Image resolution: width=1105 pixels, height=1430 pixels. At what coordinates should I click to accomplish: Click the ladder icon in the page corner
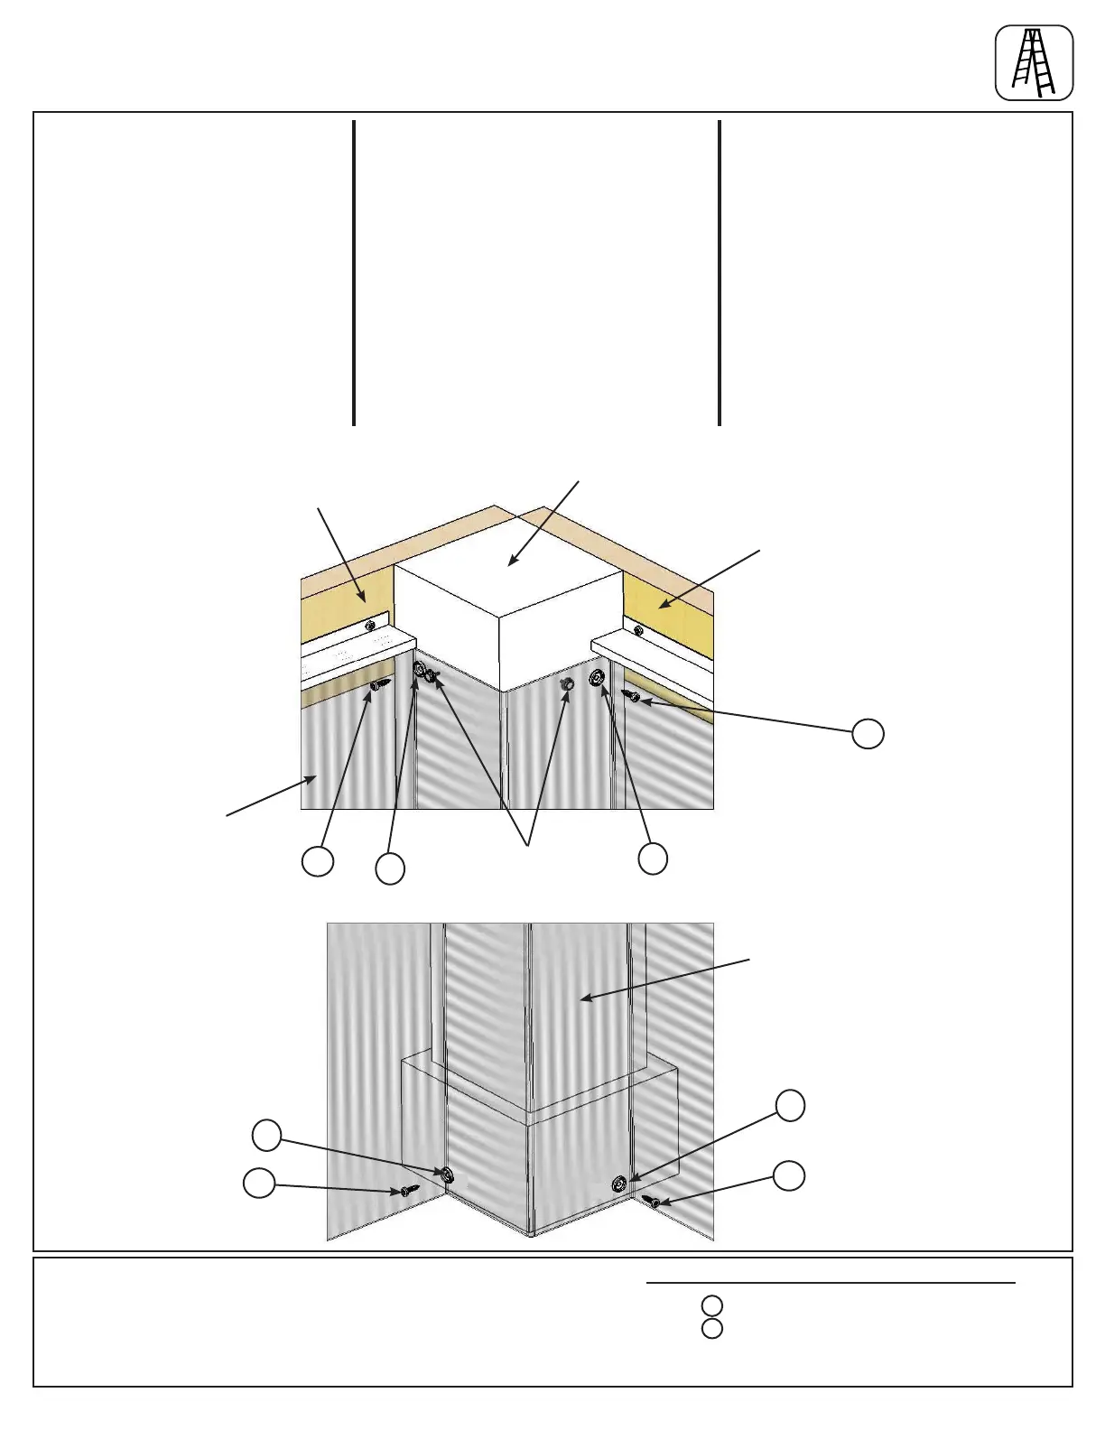(1034, 62)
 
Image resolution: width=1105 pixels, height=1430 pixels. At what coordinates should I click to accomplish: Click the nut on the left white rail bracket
(368, 625)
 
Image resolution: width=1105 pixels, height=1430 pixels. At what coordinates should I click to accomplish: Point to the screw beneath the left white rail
(378, 686)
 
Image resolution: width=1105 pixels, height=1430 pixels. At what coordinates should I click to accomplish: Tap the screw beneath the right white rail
(631, 695)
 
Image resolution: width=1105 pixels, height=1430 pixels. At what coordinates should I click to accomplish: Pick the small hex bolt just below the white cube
(567, 685)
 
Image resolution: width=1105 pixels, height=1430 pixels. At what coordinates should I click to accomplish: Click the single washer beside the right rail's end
(596, 678)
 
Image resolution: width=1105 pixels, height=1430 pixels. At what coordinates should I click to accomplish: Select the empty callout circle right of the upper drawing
(868, 734)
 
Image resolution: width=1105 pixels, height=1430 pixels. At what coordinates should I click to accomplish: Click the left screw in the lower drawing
(409, 1191)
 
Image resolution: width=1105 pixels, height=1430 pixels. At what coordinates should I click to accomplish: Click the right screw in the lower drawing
(653, 1202)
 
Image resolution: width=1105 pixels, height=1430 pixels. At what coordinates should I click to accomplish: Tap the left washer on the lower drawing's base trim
(445, 1175)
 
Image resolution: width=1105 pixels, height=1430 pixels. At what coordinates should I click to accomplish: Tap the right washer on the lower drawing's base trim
(619, 1184)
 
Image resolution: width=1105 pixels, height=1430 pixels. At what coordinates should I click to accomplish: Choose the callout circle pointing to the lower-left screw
(260, 1183)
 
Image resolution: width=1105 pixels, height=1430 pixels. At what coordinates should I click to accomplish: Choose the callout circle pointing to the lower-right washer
(791, 1106)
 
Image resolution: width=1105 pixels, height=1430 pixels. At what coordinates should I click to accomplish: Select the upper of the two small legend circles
(711, 1305)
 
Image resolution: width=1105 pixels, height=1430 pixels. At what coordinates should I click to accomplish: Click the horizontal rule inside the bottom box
(831, 1282)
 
